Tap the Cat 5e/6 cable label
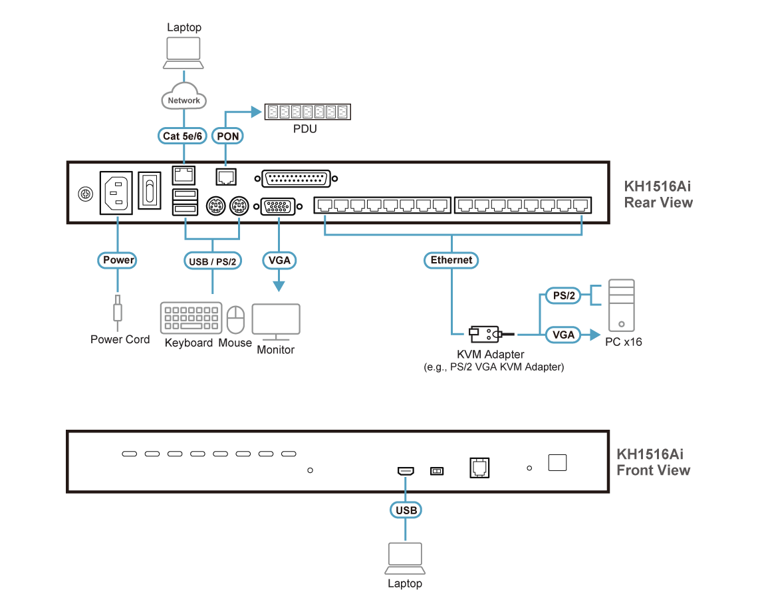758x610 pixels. point(184,136)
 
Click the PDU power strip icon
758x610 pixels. point(307,112)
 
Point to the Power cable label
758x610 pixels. point(118,260)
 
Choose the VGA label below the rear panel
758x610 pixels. point(279,260)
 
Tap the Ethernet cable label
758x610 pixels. point(451,260)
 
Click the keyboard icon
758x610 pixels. point(191,318)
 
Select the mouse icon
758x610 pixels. point(235,319)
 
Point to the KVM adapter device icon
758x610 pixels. point(482,333)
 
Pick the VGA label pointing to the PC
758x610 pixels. point(563,335)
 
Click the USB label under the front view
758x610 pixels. point(406,510)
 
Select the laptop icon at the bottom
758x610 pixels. point(405,559)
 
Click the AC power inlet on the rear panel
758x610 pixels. point(117,193)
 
